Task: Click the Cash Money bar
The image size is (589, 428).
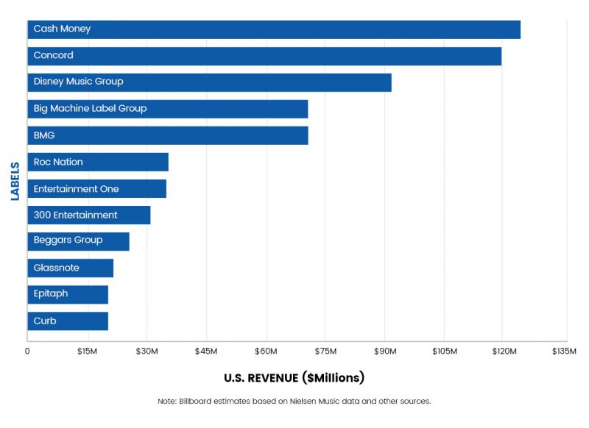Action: click(274, 29)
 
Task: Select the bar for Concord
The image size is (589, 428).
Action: click(264, 56)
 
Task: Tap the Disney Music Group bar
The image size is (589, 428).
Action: click(209, 82)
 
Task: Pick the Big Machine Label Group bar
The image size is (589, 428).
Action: click(168, 109)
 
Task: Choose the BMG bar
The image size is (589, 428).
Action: click(168, 135)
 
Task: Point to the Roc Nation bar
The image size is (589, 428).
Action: click(98, 162)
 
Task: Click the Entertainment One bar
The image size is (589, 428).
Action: click(96, 189)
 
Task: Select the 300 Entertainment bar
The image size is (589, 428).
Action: click(89, 215)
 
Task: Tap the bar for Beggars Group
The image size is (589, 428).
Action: click(78, 241)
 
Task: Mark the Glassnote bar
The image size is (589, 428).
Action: click(70, 268)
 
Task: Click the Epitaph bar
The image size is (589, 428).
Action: click(68, 294)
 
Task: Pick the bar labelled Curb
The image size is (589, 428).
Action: click(68, 321)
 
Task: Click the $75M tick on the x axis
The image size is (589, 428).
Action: click(325, 352)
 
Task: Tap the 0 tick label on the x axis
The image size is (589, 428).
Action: click(27, 352)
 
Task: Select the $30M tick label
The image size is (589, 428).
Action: click(147, 352)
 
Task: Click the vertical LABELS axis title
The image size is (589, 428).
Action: click(15, 181)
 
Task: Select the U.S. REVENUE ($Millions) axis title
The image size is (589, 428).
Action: click(294, 378)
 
